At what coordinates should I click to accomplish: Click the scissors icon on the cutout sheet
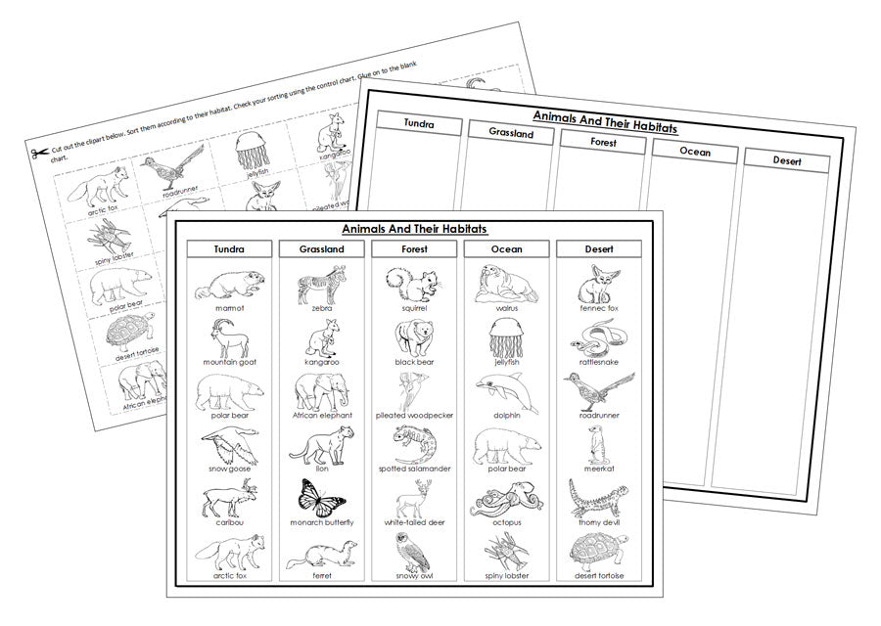[x=39, y=153]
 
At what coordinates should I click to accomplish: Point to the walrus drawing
[x=506, y=284]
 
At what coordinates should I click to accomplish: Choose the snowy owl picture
[x=414, y=553]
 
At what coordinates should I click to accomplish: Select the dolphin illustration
[x=506, y=391]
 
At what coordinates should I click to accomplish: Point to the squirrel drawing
[x=414, y=284]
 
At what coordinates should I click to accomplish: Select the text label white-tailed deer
[x=414, y=522]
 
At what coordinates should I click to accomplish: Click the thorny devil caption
[x=598, y=522]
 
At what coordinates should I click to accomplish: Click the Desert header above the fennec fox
[x=598, y=249]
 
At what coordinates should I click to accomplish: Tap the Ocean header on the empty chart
[x=694, y=152]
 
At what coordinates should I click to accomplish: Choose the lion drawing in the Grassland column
[x=321, y=445]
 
